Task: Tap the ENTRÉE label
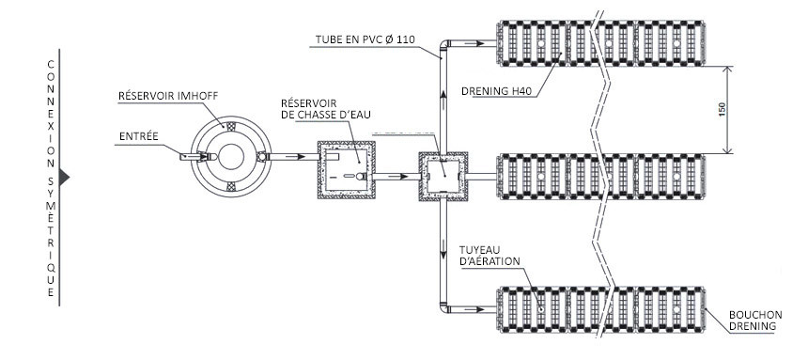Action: tap(139, 136)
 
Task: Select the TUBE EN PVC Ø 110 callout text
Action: tap(365, 39)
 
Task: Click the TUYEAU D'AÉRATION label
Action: tap(489, 256)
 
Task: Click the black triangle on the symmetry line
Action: tap(64, 177)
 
